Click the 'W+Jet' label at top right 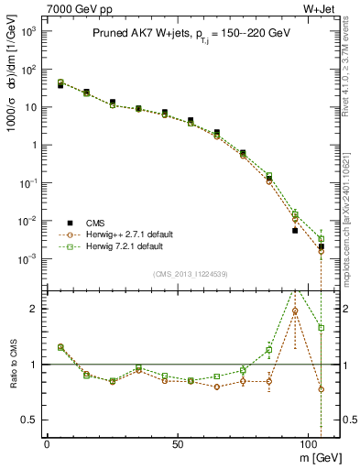[321, 8]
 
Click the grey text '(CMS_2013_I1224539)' [192, 273]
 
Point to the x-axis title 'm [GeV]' [320, 455]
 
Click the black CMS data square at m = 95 [295, 230]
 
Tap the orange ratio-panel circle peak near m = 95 [295, 311]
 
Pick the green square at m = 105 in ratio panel [322, 327]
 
